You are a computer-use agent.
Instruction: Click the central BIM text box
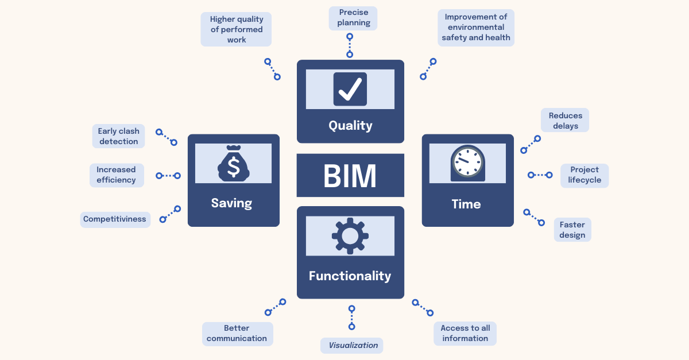click(350, 175)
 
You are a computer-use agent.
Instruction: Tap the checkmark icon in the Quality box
click(350, 89)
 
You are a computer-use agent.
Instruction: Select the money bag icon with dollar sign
click(233, 164)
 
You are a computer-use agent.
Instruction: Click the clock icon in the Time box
click(467, 162)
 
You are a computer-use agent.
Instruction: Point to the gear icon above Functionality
click(350, 235)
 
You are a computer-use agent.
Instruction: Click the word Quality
click(350, 125)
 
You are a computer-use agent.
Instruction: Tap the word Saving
click(231, 203)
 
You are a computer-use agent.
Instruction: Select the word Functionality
click(350, 276)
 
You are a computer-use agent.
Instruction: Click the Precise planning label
click(353, 18)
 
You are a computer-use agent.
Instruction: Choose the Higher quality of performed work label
click(236, 29)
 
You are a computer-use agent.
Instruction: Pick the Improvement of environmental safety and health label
click(475, 27)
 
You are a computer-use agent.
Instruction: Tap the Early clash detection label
click(118, 136)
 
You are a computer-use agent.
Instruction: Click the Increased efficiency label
click(116, 175)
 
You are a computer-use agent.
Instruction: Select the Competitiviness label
click(115, 219)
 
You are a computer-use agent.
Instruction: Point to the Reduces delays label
click(565, 121)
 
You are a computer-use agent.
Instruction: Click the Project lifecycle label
click(585, 175)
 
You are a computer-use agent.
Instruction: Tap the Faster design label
click(572, 230)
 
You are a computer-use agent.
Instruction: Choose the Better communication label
click(237, 333)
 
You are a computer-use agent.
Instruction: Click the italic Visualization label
click(353, 345)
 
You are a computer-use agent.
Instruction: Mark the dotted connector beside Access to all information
click(423, 308)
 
